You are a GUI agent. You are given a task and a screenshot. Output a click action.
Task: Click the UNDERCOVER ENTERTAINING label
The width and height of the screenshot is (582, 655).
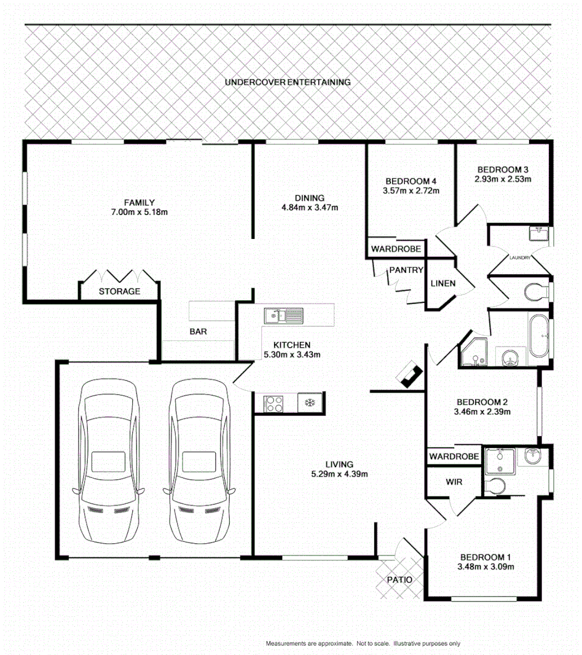tap(288, 82)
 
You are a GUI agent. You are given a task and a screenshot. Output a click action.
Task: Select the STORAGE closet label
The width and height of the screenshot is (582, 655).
tap(120, 291)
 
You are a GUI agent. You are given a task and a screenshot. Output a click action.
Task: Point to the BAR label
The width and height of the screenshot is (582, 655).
tap(198, 331)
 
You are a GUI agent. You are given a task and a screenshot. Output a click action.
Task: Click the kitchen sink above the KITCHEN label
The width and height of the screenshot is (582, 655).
tap(284, 316)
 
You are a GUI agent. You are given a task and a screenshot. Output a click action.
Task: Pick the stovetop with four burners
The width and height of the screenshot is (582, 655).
tap(273, 404)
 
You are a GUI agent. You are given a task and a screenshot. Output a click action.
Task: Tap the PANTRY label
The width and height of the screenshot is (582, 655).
tap(405, 270)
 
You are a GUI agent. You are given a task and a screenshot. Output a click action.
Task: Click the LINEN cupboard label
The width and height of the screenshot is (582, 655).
tap(443, 283)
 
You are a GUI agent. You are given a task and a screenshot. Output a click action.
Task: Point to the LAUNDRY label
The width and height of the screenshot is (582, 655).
tap(519, 257)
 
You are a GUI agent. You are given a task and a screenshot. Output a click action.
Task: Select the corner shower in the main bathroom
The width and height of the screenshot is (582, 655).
tap(474, 352)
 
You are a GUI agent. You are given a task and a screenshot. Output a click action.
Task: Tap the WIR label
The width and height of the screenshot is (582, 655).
tap(454, 482)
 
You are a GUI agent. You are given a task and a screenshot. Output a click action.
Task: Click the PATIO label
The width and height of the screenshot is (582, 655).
tap(399, 579)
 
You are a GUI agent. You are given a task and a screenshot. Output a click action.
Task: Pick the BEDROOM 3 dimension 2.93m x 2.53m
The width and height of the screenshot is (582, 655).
tap(503, 179)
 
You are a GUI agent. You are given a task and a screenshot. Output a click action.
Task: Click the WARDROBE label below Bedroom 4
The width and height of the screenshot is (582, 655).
tap(396, 249)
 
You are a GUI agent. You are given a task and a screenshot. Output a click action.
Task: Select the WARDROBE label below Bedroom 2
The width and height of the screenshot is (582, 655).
tap(454, 457)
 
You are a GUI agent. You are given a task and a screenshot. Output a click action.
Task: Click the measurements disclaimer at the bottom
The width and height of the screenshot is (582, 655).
tap(363, 643)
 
